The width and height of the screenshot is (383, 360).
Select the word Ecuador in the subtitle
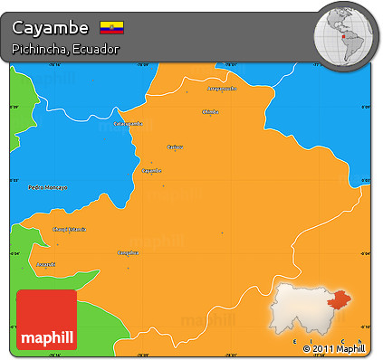[98, 48]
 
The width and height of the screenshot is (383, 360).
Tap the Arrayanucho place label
[221, 89]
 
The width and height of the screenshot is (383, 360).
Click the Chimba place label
[210, 111]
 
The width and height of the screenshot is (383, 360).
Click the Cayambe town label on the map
[151, 170]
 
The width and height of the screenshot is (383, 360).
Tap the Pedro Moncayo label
[48, 187]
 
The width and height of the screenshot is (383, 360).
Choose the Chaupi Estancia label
[69, 229]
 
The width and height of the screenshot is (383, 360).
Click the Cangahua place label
[129, 252]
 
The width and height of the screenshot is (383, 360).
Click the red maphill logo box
[46, 319]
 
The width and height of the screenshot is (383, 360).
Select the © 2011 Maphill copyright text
[333, 348]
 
